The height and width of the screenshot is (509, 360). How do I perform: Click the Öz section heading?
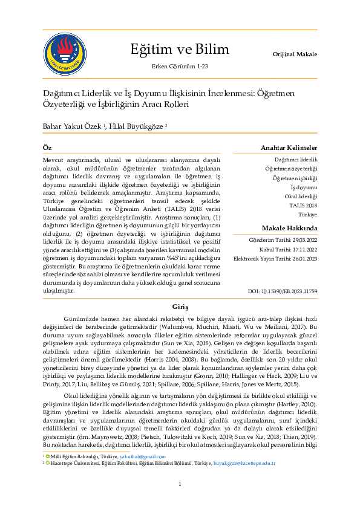pyautogui.click(x=47, y=148)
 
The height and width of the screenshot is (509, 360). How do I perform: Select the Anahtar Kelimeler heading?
pyautogui.click(x=289, y=148)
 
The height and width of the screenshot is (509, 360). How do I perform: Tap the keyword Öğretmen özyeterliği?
pyautogui.click(x=292, y=169)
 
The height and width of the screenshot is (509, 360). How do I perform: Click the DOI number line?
pyautogui.click(x=283, y=291)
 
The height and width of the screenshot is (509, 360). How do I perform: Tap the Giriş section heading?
pyautogui.click(x=180, y=306)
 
